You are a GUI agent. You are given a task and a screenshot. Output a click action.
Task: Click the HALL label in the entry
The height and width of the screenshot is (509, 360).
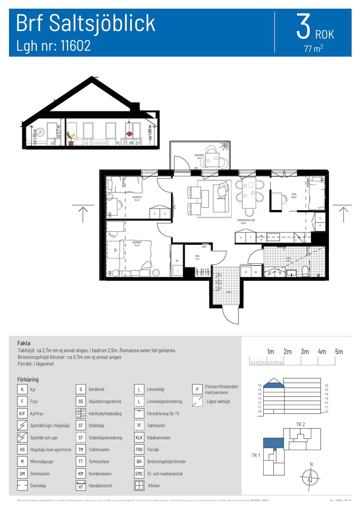[x=229, y=292]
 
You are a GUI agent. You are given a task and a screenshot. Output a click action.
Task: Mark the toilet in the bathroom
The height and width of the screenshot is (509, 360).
[x=305, y=271]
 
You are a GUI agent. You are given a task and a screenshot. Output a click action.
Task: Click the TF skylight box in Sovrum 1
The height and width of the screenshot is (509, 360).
[x=115, y=250]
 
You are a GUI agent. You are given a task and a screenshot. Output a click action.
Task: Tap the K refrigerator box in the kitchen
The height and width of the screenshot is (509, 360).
[x=240, y=237]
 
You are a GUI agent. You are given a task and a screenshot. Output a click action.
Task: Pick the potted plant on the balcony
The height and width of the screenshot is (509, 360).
[x=225, y=145]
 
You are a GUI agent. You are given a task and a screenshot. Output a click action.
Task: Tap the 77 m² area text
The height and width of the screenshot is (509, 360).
[x=313, y=49]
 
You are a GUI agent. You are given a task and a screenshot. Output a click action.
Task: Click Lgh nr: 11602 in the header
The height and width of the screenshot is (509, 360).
[x=54, y=46]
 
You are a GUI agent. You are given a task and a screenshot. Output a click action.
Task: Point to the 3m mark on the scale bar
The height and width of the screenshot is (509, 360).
[x=304, y=352]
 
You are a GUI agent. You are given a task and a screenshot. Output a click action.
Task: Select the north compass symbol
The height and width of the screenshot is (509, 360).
[x=310, y=477]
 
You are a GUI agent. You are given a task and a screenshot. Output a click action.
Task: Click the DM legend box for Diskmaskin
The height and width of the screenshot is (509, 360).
[x=22, y=474]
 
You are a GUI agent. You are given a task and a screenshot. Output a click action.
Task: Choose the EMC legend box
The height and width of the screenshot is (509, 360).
[x=139, y=474]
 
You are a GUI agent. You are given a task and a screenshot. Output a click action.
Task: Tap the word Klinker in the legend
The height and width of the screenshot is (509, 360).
[x=154, y=486]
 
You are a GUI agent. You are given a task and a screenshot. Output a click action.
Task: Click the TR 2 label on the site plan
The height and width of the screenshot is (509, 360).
[x=300, y=424]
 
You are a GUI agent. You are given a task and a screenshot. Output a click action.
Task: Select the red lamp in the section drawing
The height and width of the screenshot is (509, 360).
[x=129, y=134]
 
